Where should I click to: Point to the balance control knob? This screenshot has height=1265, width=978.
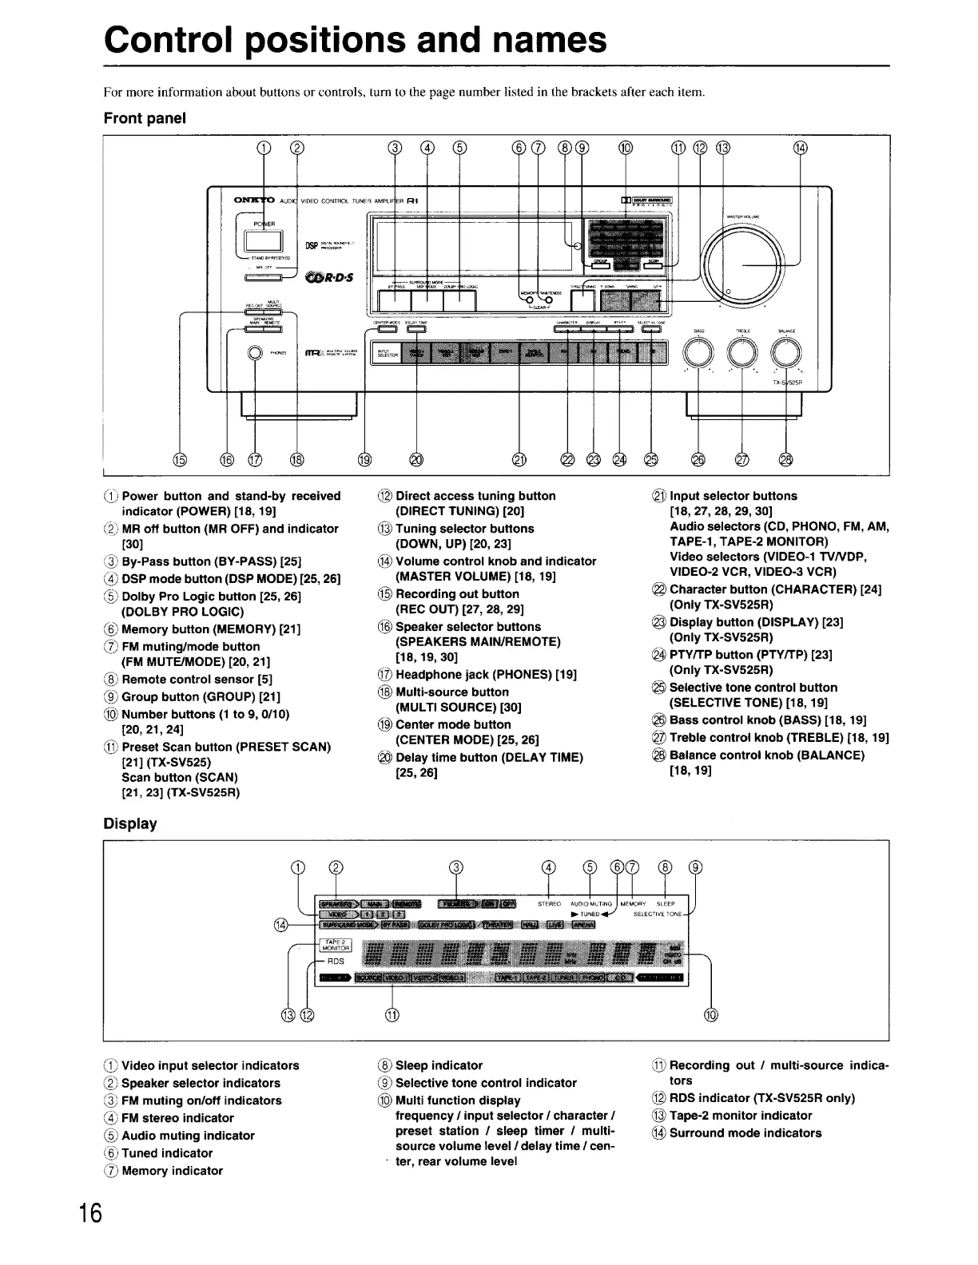coord(786,351)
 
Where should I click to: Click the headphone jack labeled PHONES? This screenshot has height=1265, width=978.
coord(255,353)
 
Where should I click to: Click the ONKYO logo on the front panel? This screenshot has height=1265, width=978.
coord(255,200)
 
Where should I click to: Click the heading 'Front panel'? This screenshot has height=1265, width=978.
coord(145,118)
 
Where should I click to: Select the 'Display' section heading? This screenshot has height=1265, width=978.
coord(130,823)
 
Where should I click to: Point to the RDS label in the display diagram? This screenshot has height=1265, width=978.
coord(336,962)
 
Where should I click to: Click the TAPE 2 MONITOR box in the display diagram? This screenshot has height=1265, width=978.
coord(335,945)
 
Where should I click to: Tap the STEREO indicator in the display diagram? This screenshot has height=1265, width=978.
coord(549,904)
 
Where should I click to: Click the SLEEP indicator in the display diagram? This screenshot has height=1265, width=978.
coord(666,904)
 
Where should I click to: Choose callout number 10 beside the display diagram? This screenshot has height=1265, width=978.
coord(710,1015)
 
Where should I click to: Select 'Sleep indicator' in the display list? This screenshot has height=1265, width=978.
coord(439,1065)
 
